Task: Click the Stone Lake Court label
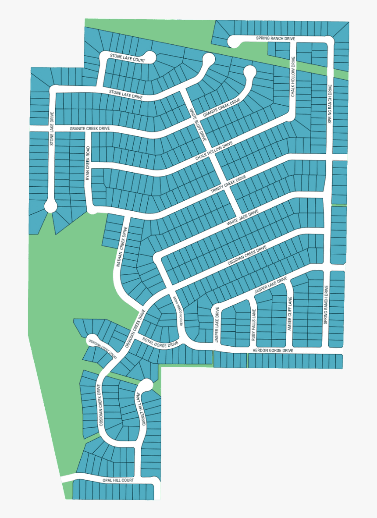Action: click(x=127, y=58)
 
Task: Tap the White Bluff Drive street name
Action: click(x=197, y=124)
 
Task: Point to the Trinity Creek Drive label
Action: click(x=228, y=184)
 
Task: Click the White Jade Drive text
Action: click(x=242, y=218)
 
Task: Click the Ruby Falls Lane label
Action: click(x=253, y=325)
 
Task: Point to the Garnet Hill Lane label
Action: click(x=139, y=409)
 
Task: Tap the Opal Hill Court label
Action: click(x=118, y=480)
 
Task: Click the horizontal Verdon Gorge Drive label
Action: click(x=272, y=351)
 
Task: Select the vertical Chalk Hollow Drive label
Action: click(x=293, y=79)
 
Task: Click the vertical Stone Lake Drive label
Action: click(x=52, y=129)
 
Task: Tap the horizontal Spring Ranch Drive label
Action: click(x=275, y=39)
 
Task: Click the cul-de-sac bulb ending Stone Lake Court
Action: click(x=149, y=57)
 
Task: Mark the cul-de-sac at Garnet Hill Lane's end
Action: click(x=146, y=385)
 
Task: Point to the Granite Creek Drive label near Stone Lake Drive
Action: click(x=89, y=129)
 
